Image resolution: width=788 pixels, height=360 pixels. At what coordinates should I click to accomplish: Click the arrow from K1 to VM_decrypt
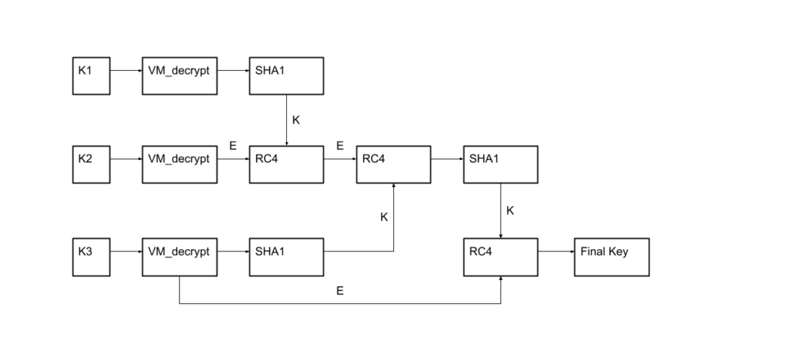pyautogui.click(x=126, y=70)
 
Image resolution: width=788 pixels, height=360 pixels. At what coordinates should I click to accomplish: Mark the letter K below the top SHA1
pyautogui.click(x=296, y=120)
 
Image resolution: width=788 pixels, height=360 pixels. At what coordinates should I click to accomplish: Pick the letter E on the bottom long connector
pyautogui.click(x=339, y=292)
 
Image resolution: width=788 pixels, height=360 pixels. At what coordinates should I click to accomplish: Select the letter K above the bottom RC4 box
pyautogui.click(x=511, y=210)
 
